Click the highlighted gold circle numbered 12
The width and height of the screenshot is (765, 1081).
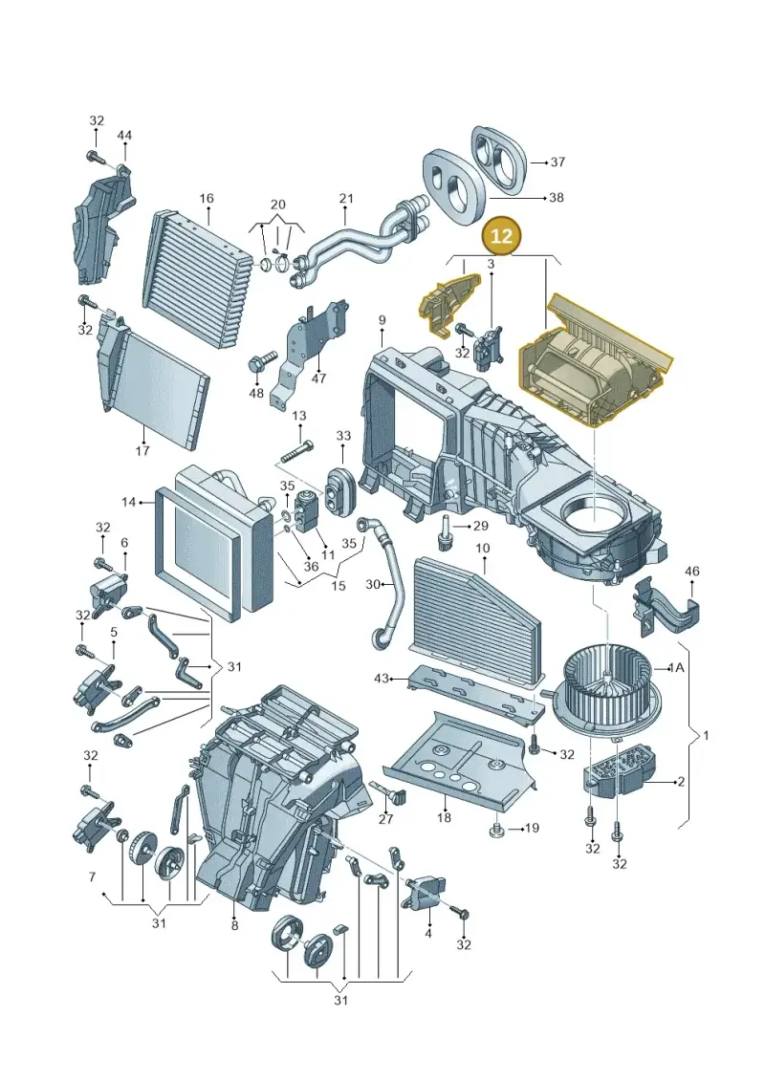501,236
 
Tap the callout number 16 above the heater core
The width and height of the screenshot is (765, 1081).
207,199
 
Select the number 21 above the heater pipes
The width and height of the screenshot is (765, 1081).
346,199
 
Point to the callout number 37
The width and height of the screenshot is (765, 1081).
558,162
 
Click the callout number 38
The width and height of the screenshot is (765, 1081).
556,198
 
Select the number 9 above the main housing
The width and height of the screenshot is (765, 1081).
382,320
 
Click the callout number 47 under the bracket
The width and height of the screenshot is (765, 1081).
318,378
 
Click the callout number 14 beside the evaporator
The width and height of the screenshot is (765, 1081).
128,502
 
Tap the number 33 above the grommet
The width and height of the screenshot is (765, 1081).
343,436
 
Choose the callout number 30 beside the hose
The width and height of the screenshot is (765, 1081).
373,585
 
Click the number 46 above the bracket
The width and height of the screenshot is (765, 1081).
692,571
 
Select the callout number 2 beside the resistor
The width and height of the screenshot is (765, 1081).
681,782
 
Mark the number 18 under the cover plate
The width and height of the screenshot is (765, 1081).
445,817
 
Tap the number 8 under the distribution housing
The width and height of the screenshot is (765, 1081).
234,925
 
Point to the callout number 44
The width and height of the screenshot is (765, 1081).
124,136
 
